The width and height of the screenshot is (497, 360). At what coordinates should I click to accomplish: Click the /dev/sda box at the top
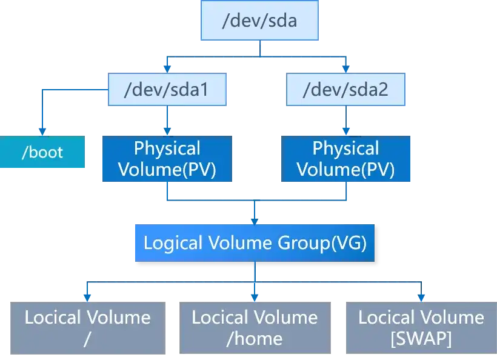259,22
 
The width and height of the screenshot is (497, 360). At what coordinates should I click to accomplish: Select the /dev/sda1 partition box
166,90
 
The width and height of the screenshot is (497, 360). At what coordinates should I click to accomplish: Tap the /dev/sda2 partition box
345,90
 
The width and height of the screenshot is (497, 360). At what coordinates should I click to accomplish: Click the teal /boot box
42,152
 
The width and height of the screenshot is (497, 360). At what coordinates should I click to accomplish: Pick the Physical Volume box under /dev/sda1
167,159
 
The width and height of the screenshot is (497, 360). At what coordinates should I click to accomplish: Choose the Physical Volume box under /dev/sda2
345,159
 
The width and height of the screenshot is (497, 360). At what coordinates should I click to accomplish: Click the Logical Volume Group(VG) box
255,243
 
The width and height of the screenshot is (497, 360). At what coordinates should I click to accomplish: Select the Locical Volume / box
88,327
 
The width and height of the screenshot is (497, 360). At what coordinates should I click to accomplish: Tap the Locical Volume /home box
255,327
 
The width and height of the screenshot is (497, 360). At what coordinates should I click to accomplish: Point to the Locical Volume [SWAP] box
421,327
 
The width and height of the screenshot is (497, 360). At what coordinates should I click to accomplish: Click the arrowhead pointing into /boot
42,130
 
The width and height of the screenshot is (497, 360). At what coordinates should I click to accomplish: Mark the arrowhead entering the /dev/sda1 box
167,67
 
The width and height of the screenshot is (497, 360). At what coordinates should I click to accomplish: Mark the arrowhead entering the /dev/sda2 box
345,67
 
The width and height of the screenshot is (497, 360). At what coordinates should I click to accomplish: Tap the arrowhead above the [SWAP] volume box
421,295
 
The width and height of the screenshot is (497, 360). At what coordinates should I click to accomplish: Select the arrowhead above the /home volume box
255,295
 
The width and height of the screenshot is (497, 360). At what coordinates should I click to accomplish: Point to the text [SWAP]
421,338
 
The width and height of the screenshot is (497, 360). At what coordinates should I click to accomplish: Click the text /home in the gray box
255,338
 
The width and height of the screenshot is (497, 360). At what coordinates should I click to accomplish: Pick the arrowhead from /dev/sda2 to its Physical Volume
345,130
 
